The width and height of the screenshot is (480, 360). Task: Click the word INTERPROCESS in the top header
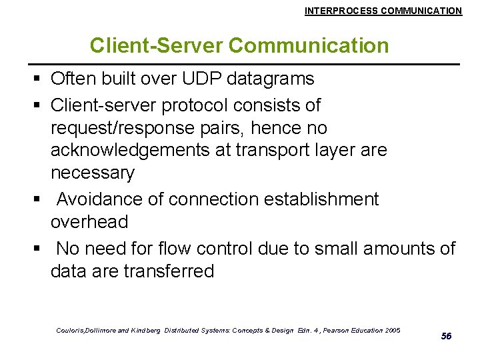click(x=336, y=11)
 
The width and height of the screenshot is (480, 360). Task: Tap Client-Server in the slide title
click(x=157, y=45)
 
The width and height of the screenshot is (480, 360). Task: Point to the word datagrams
click(x=271, y=79)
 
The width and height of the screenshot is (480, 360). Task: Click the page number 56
click(x=447, y=336)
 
